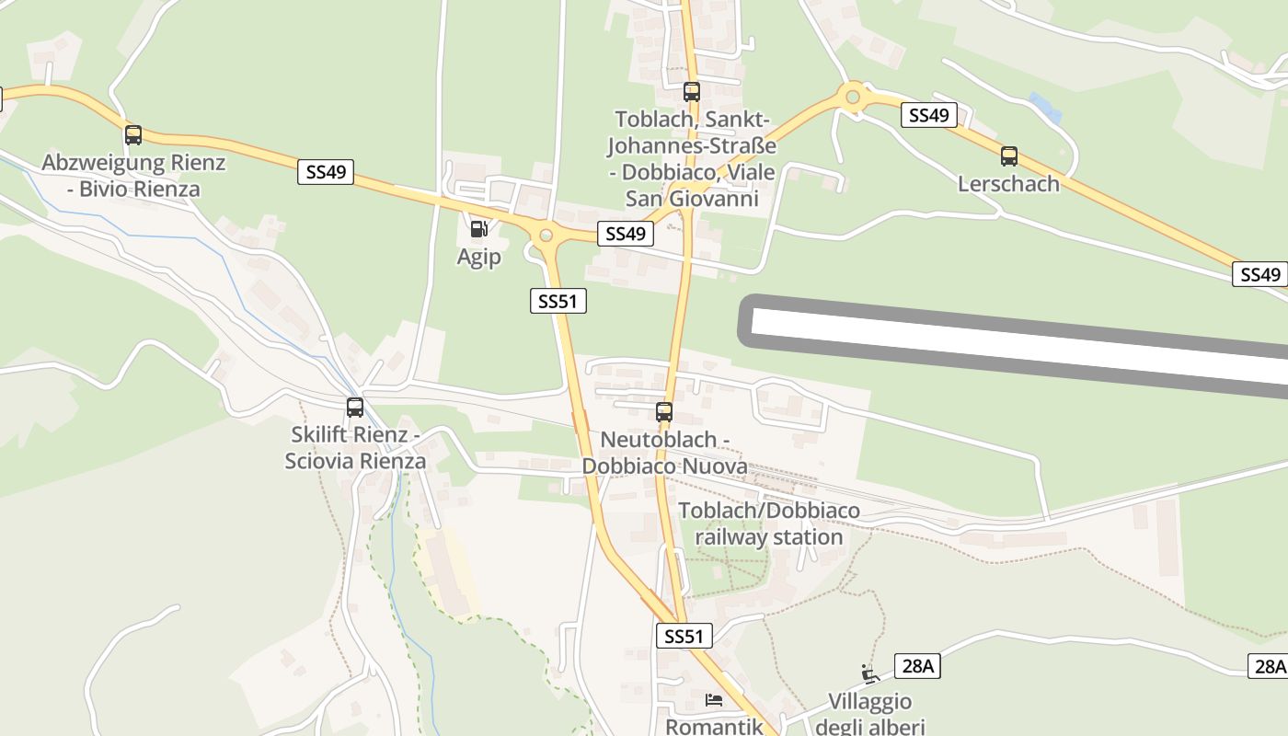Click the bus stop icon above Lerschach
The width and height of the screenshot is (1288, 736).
pos(1009,156)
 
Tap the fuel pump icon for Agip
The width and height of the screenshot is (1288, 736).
pos(478,229)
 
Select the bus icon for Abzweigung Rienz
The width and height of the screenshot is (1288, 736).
pos(133,135)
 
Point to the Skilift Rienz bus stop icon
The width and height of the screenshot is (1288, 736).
pos(355,407)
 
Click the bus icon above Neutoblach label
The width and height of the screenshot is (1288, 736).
pos(664,412)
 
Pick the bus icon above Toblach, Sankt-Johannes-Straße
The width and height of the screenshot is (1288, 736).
pos(692,92)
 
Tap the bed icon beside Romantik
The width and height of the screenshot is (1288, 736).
pos(714,700)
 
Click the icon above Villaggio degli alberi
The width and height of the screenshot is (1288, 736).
pos(869,673)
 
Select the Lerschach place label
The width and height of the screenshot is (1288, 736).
pos(1008,183)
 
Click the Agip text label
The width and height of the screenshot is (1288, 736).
pos(479,257)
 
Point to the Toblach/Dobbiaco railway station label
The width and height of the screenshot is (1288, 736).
pos(769,523)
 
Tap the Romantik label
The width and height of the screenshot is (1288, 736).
pos(715,726)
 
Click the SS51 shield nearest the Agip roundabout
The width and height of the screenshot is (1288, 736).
pos(558,301)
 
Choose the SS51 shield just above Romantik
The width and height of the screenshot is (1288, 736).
pos(684,636)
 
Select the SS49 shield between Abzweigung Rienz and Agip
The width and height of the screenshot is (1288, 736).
pos(326,172)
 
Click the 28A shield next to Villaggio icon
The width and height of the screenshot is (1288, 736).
pos(917,666)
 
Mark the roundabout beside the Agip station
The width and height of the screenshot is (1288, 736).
pos(546,235)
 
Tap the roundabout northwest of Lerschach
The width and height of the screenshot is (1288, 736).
pos(853,95)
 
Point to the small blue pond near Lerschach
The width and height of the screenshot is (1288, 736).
pos(1045,107)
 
